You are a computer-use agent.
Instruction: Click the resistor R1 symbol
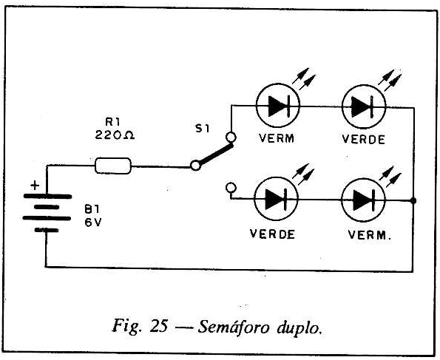point(113,166)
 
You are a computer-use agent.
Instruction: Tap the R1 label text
point(113,122)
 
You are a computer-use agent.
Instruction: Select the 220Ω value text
point(115,135)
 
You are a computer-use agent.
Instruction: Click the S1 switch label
point(203,129)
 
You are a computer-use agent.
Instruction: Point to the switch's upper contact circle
point(231,137)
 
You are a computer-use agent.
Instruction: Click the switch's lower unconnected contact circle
point(231,188)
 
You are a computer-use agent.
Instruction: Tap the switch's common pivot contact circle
point(195,166)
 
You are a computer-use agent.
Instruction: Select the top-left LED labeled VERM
point(278,106)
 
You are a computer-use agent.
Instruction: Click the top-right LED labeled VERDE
point(364,106)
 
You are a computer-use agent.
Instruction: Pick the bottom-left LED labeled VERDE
point(276,199)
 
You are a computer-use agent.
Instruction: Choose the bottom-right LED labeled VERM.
point(363,200)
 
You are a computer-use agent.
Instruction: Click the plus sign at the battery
point(35,186)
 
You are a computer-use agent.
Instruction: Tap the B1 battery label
point(92,209)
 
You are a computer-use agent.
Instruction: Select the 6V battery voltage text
point(93,223)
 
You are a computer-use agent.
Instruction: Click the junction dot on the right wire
point(413,200)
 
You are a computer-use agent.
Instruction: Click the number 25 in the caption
point(160,326)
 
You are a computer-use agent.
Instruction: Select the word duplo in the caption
point(299,327)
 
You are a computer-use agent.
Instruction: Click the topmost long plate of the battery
point(47,196)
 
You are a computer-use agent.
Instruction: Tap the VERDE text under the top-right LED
point(363,140)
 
